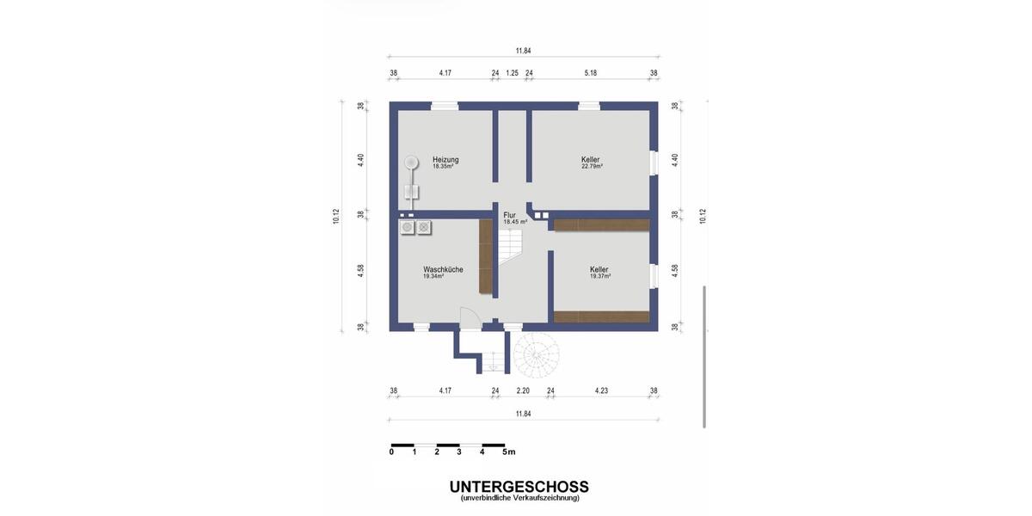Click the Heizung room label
coord(445,159)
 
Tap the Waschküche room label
coord(443,269)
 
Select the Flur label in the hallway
coord(509,215)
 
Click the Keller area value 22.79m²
coord(592,167)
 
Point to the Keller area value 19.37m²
coord(599,277)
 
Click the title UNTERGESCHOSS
coord(519,487)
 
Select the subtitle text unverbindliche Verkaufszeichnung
coord(519,498)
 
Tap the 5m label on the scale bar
coord(508,451)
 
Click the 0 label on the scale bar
coord(391,451)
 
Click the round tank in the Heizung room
coord(411,161)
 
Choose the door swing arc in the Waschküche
coord(469,316)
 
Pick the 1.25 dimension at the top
coord(512,73)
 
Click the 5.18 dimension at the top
coord(590,73)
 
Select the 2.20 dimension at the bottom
coord(522,391)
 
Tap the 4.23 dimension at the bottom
coord(601,391)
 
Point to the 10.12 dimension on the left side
coord(335,216)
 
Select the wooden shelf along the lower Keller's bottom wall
coord(601,316)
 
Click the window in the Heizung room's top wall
coord(444,107)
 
